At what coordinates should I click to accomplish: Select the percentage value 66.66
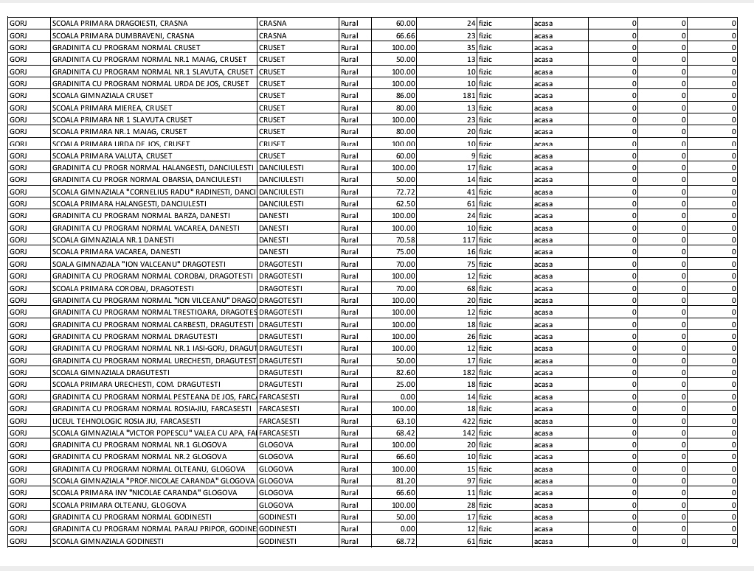point(405,35)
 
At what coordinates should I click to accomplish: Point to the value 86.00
point(405,95)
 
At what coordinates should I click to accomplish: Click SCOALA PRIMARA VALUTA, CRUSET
point(112,155)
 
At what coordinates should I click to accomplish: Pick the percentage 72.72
point(405,192)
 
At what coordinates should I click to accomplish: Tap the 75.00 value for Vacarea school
point(405,252)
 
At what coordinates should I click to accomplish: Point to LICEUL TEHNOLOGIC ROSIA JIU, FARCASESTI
point(116,421)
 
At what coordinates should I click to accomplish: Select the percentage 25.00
point(405,385)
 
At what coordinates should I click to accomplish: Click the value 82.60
point(405,373)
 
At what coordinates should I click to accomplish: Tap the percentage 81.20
point(405,481)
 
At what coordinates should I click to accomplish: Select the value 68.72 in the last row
point(405,541)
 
